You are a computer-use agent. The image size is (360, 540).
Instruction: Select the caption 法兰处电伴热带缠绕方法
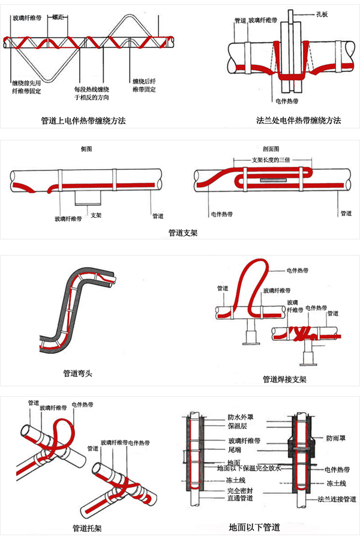point(298,121)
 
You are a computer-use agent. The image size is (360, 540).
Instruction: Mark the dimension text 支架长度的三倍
point(271,161)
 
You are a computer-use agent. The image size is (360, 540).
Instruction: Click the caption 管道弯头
point(79,373)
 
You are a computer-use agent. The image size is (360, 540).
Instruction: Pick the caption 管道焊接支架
point(285,379)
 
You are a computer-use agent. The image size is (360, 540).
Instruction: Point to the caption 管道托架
point(87,529)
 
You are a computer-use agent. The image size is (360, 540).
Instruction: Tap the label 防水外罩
point(240,416)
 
